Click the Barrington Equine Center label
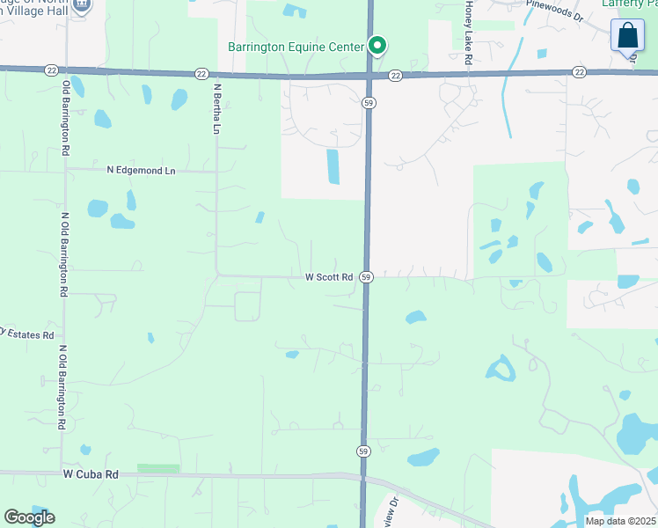pyautogui.click(x=295, y=47)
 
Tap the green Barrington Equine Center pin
pyautogui.click(x=377, y=45)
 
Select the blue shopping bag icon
pyautogui.click(x=627, y=36)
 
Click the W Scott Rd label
pyautogui.click(x=329, y=277)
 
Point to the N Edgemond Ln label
pyautogui.click(x=141, y=170)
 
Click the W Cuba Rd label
pyautogui.click(x=91, y=473)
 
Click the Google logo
pyautogui.click(x=29, y=517)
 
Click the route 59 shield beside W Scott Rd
pyautogui.click(x=366, y=277)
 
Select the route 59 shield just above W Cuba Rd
pyautogui.click(x=362, y=451)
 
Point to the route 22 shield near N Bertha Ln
pyautogui.click(x=201, y=74)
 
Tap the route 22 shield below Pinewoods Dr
pyautogui.click(x=578, y=71)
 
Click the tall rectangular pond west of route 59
pyautogui.click(x=333, y=166)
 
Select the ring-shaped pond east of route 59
pyautogui.click(x=501, y=368)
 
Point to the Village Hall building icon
pyautogui.click(x=81, y=4)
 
